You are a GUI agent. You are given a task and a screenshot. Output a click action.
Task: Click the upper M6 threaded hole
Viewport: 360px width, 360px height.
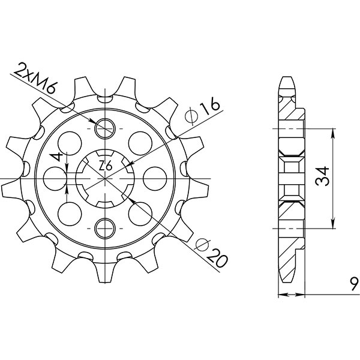tap(105, 127)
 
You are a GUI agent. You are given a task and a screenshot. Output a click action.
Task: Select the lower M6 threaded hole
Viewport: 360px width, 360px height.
tap(105, 227)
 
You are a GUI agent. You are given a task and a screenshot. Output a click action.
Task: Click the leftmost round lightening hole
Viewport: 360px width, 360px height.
tap(55, 177)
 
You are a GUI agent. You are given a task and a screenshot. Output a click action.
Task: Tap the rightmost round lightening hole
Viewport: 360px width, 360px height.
tap(155, 177)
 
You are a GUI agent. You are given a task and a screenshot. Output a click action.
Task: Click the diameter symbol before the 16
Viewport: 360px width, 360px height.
tap(193, 115)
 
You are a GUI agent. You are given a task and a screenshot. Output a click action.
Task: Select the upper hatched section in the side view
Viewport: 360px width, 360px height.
tap(292, 111)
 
